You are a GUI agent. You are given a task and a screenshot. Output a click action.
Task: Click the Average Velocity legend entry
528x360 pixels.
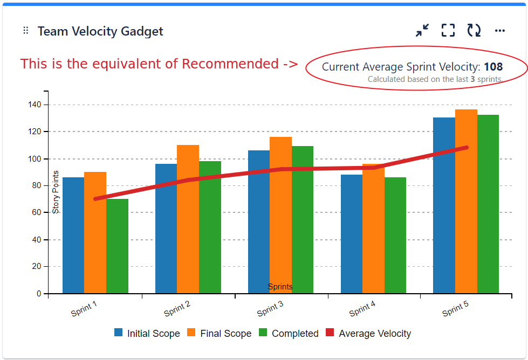point(368,334)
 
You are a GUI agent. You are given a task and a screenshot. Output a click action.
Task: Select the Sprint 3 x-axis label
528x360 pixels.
point(270,309)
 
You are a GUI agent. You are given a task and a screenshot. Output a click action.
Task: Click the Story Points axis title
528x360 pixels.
point(56,192)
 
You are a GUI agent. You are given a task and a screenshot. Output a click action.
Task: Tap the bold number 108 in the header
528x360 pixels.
point(493,67)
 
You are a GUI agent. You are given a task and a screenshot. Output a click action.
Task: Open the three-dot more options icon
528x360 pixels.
point(500,31)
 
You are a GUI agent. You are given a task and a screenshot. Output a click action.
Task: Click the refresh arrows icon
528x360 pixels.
point(474,31)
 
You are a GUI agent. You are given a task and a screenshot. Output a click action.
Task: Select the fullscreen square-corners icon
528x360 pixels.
point(448,31)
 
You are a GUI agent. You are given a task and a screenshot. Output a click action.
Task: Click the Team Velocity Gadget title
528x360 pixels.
point(100,31)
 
